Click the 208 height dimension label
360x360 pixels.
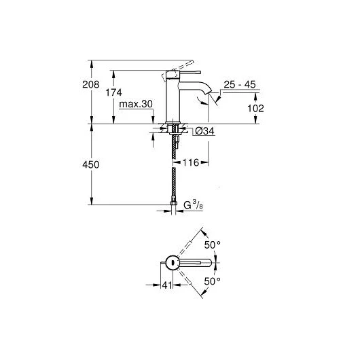coord(91,84)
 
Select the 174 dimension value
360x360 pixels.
coord(113,92)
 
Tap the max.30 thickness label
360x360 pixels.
coord(136,104)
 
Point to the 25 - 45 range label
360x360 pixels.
coord(240,84)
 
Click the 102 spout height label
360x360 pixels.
coord(255,109)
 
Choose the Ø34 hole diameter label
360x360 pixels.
coord(204,131)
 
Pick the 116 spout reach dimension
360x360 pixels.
coord(191,162)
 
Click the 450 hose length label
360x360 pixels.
coord(91,164)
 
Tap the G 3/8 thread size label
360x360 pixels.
coord(194,205)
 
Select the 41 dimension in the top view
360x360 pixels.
coord(167,285)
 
